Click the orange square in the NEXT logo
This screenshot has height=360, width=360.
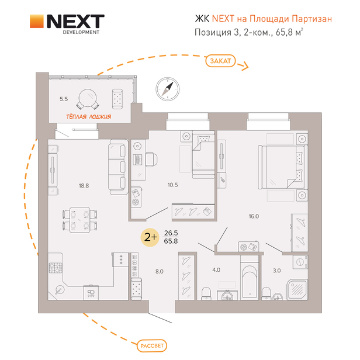coord(36,23)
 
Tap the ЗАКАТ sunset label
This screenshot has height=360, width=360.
coord(219,60)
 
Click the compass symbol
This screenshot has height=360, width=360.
coord(168,89)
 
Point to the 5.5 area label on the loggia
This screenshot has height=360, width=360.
coord(64,99)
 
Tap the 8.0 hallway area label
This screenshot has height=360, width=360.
coord(159,271)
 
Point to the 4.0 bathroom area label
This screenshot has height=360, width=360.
coord(216,270)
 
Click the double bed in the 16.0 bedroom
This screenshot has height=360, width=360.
coord(282,167)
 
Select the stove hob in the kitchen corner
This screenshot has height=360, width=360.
coord(56,268)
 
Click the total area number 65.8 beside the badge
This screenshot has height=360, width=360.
coord(171,241)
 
